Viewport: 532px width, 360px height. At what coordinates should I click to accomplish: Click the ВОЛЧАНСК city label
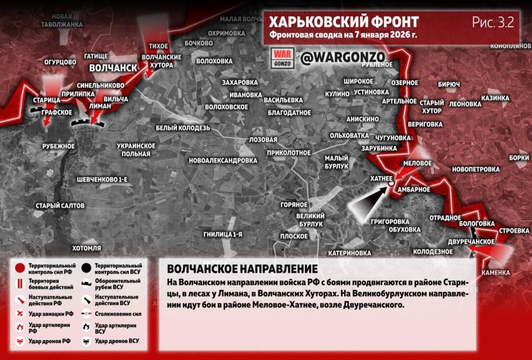pyautogui.click(x=113, y=68)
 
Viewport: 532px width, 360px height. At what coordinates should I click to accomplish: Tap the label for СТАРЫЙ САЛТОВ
pyautogui.click(x=60, y=205)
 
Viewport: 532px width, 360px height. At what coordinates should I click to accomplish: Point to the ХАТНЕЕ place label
pyautogui.click(x=382, y=179)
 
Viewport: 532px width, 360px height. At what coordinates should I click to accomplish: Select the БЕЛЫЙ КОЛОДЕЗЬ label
pyautogui.click(x=182, y=128)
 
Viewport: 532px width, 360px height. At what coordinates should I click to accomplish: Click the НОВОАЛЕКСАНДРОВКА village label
pyautogui.click(x=223, y=161)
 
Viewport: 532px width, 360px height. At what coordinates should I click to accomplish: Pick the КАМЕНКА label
pyautogui.click(x=495, y=273)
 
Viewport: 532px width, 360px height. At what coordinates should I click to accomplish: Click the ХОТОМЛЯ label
pyautogui.click(x=86, y=248)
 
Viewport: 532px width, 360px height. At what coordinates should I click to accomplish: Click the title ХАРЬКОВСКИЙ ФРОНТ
pyautogui.click(x=343, y=22)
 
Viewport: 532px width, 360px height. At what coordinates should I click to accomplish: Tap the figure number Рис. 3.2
pyautogui.click(x=493, y=22)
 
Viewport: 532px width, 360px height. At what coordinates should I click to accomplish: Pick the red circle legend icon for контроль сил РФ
pyautogui.click(x=20, y=269)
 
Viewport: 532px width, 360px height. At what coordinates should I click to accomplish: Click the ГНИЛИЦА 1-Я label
pyautogui.click(x=223, y=234)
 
